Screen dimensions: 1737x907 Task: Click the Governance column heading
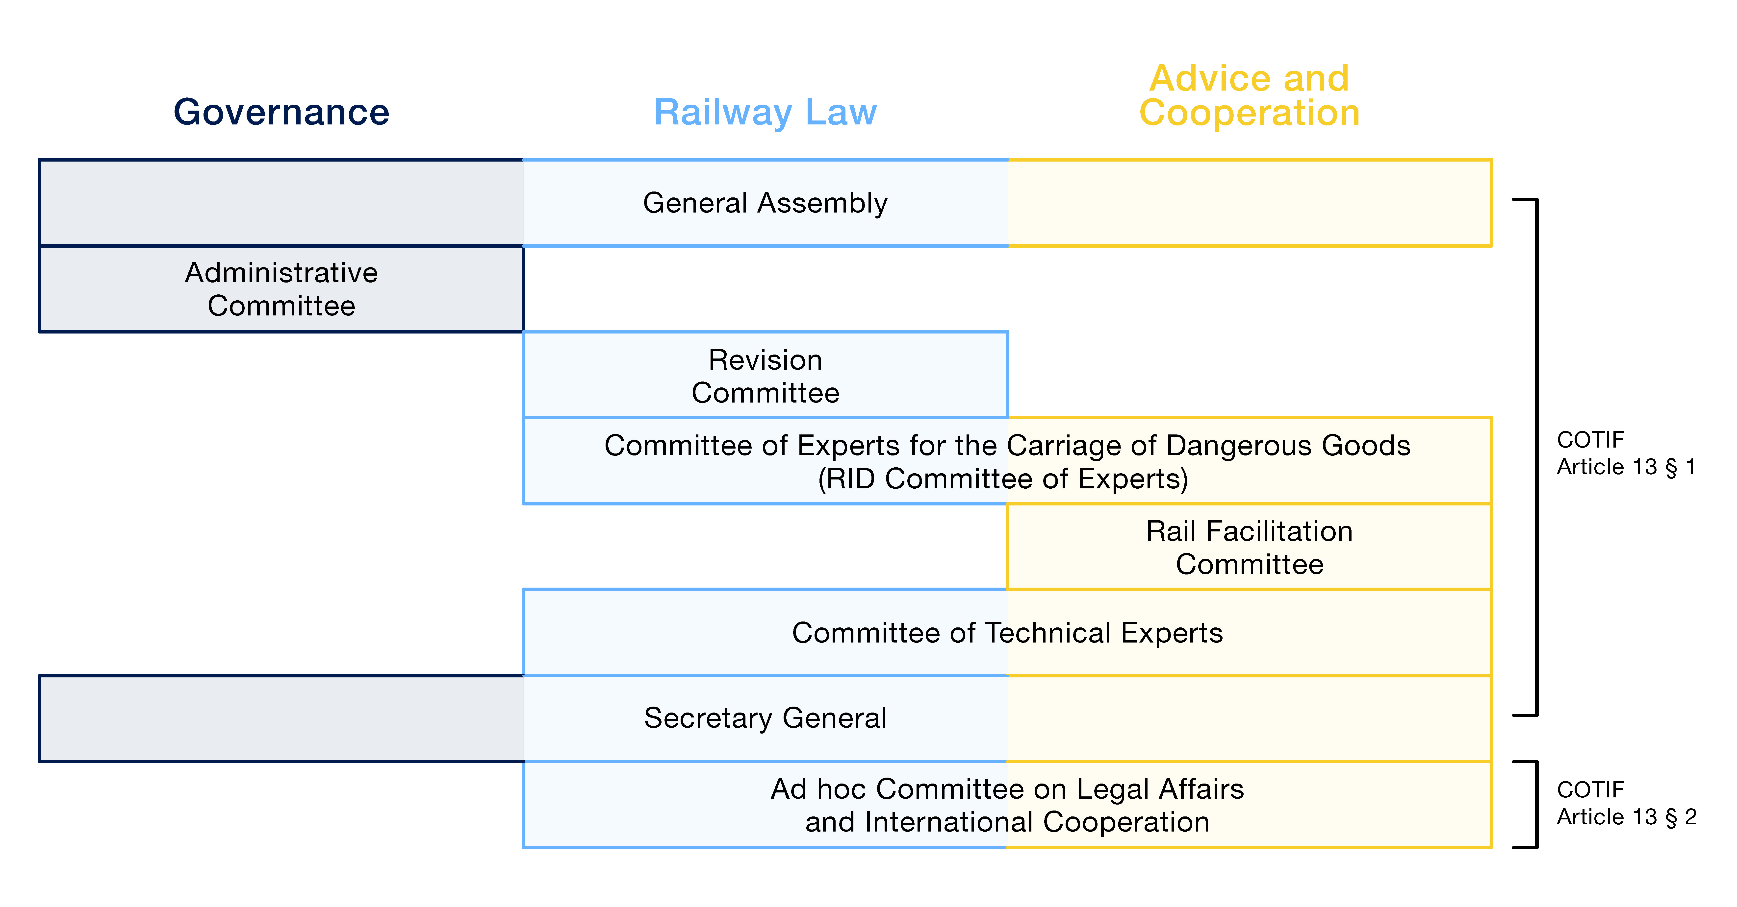click(x=281, y=112)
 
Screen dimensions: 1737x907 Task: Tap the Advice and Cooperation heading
click(x=1250, y=95)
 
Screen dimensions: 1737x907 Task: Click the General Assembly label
click(x=765, y=203)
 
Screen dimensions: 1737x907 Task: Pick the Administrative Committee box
click(x=281, y=289)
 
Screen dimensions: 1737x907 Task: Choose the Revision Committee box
click(x=765, y=375)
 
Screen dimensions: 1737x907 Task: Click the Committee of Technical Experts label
click(x=1007, y=633)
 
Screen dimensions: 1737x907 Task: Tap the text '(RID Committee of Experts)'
click(x=1003, y=479)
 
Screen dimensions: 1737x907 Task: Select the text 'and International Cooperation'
click(x=1007, y=822)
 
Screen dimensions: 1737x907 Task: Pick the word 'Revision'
click(x=765, y=360)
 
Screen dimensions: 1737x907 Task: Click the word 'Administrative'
click(x=281, y=273)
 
